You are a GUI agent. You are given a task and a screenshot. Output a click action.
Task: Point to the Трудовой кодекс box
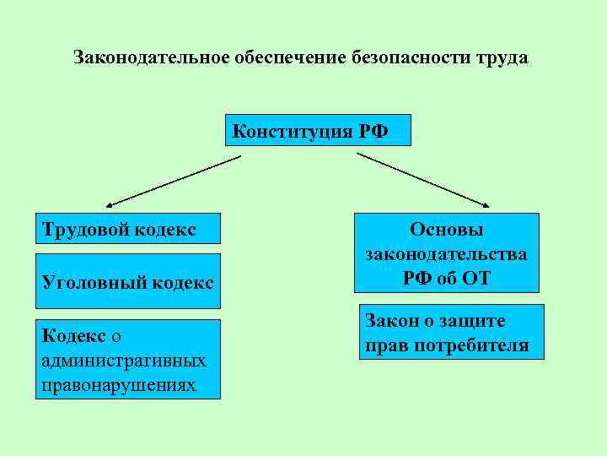126,230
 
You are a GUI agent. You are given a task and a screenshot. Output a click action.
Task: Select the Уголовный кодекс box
126,281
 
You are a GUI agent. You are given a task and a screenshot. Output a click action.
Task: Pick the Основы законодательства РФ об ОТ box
446,253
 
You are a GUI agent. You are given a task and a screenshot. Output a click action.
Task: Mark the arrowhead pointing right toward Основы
486,204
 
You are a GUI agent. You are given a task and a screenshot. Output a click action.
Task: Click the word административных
123,361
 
